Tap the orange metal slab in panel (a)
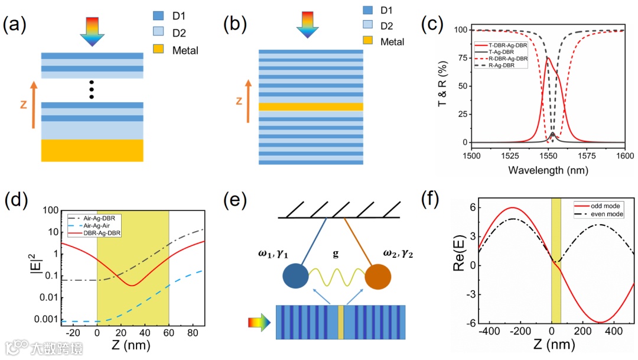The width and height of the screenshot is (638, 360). (x=92, y=150)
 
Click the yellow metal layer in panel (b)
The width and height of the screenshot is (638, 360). (x=311, y=106)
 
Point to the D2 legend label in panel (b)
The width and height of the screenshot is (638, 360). (x=387, y=27)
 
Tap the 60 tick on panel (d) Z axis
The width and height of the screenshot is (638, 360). (x=169, y=333)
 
